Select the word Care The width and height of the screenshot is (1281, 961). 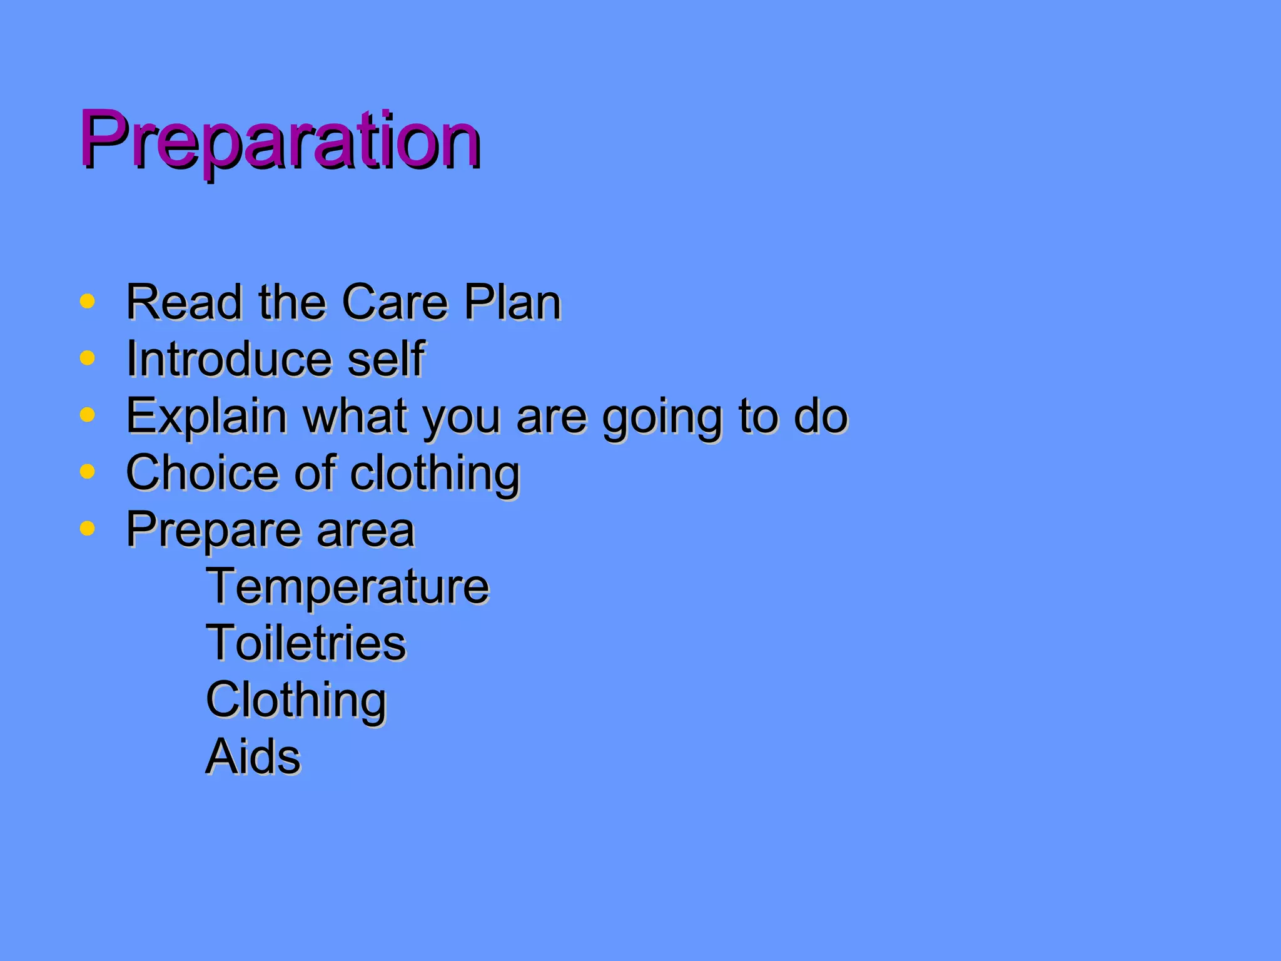pyautogui.click(x=395, y=303)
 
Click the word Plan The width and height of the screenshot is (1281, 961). pyautogui.click(x=512, y=303)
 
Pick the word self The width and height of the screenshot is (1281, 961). pyautogui.click(x=386, y=360)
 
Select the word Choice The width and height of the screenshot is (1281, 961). pyautogui.click(x=202, y=473)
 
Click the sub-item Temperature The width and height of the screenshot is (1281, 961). pyautogui.click(x=347, y=587)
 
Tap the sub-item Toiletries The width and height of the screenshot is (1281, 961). pyautogui.click(x=306, y=644)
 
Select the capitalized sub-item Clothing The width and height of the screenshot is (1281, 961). pyautogui.click(x=296, y=701)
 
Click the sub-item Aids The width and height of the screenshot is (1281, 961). pyautogui.click(x=253, y=757)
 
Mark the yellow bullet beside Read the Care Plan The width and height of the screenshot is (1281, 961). pyautogui.click(x=88, y=302)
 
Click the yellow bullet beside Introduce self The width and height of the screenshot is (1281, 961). pyautogui.click(x=88, y=358)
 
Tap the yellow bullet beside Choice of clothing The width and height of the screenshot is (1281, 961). pyautogui.click(x=88, y=472)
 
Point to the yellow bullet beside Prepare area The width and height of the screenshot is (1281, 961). pyautogui.click(x=88, y=529)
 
